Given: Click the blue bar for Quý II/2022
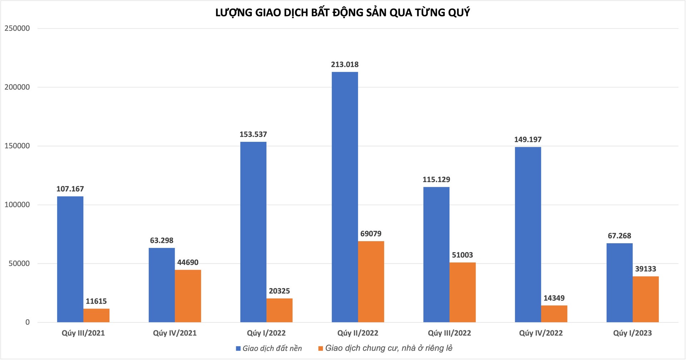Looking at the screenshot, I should coord(345,197).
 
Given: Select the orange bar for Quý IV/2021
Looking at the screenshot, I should coord(188,296).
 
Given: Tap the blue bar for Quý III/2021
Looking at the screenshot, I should coord(70,259).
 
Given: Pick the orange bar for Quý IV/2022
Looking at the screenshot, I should coord(554,314).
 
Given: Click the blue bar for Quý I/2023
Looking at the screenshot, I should coord(620,283).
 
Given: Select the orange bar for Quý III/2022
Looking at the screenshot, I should coord(463,292).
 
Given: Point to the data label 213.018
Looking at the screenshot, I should coord(345,65).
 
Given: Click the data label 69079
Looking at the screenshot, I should coord(371,234).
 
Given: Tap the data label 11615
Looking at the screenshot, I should coord(96,301).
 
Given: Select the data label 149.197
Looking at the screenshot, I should coord(528,140).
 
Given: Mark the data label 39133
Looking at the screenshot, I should coord(646,269).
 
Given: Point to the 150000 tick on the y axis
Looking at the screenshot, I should coord(17,146).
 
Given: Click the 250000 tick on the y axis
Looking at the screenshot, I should coord(17,29).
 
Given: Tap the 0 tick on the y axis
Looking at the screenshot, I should coord(28,322).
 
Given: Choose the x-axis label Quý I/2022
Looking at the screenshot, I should coord(266,333).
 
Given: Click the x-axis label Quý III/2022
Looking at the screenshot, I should coord(449,333).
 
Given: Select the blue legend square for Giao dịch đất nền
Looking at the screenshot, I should coord(238,349).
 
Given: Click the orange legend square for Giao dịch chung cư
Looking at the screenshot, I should coord(321,349).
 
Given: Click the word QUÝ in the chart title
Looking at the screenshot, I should coord(458,13).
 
